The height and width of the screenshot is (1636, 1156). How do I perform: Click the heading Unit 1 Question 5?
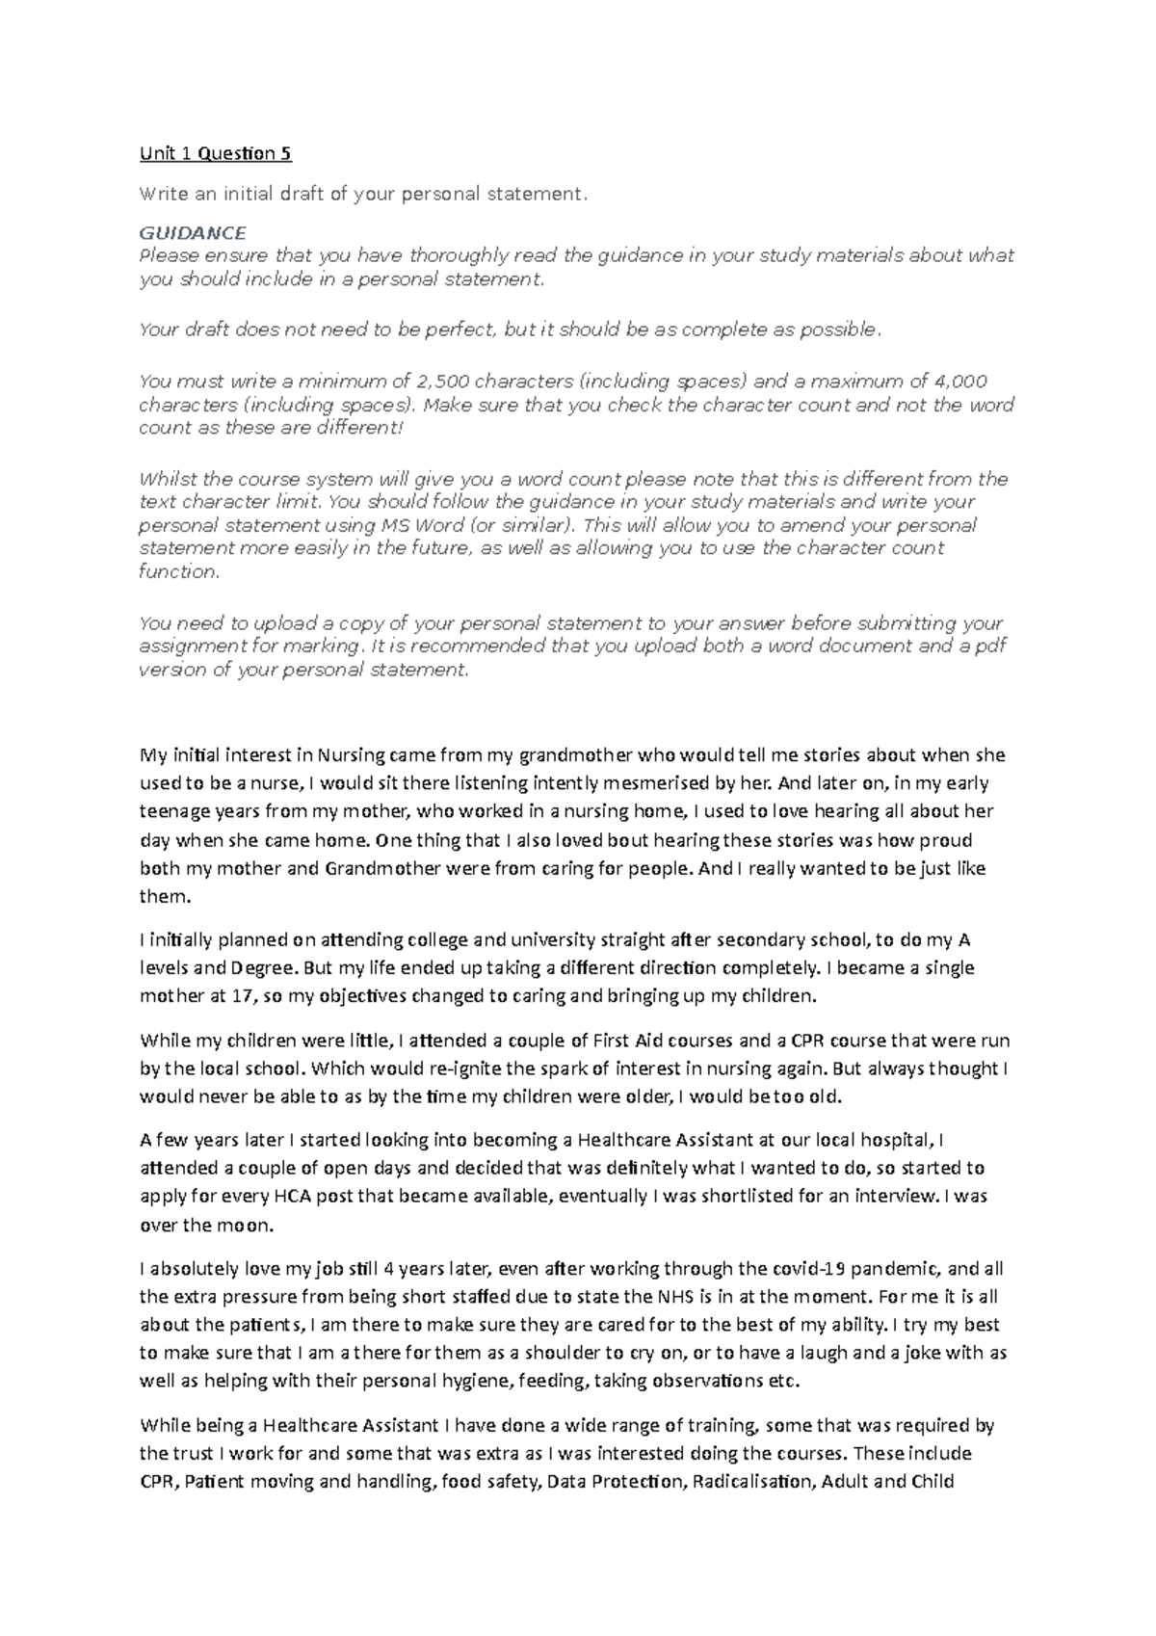216,153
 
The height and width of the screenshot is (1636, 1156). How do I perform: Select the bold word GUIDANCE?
193,233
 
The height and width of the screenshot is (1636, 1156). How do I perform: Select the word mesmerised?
601,783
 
